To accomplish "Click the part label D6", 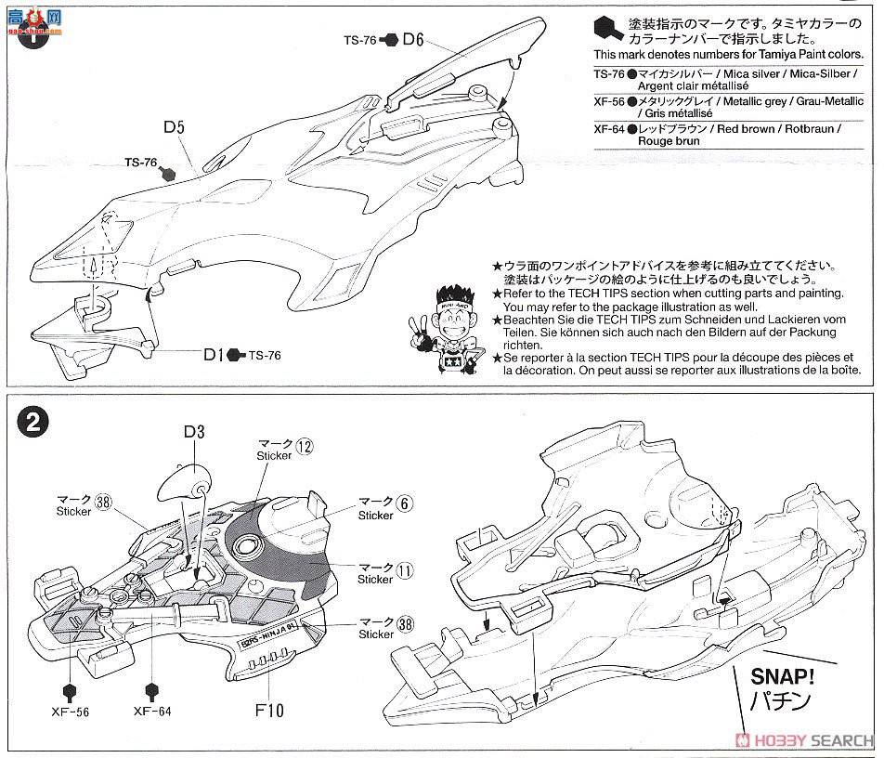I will point(413,40).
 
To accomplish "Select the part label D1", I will point(214,354).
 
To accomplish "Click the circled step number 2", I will point(32,424).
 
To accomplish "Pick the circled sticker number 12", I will point(305,446).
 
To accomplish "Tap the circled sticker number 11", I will point(402,566).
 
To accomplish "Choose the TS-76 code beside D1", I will point(264,355).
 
